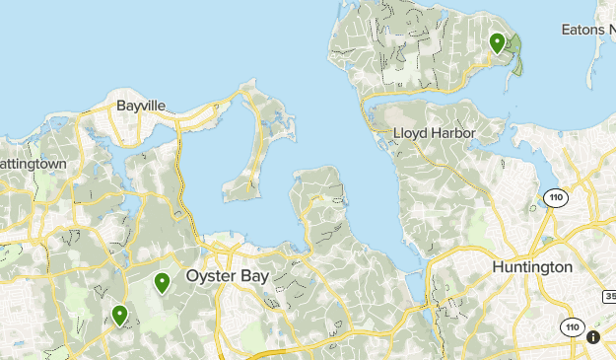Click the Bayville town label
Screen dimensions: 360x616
(141, 105)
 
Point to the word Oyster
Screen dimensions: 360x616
(208, 277)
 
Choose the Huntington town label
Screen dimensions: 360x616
(532, 267)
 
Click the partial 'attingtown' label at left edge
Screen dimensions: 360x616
(34, 163)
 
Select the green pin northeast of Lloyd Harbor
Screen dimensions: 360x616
(498, 42)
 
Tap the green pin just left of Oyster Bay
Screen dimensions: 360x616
(162, 283)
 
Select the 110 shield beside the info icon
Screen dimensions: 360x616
(571, 326)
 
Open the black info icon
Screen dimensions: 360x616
(593, 337)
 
